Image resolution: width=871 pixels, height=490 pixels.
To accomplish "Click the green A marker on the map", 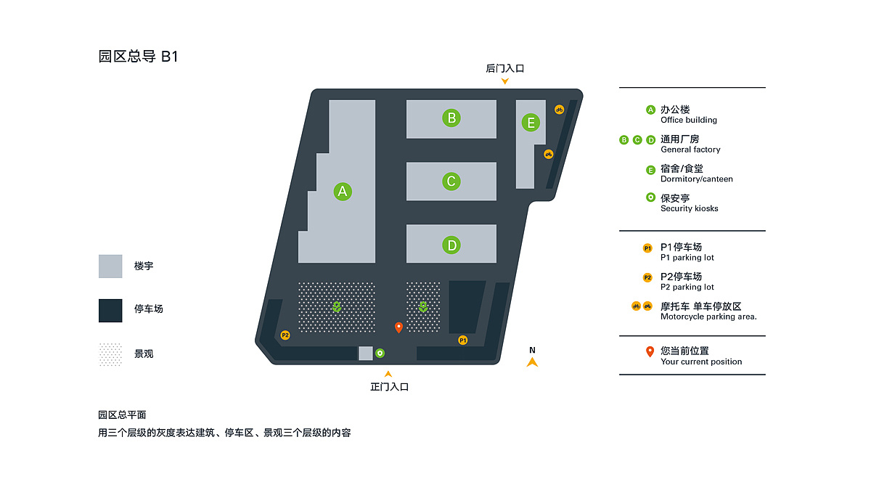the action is [x=343, y=192].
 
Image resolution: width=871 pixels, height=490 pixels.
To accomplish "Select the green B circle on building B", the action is [x=451, y=118].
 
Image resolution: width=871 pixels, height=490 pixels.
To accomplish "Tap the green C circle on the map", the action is [x=451, y=181].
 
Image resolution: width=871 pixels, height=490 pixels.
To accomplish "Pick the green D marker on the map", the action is [x=451, y=245].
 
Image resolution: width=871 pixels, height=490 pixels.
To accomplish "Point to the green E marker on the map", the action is [x=531, y=123].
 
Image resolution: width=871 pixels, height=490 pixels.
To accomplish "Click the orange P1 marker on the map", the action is [x=463, y=340].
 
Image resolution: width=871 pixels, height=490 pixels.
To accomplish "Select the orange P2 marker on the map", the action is [x=285, y=335].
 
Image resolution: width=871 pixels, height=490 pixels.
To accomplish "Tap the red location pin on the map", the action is [x=398, y=327].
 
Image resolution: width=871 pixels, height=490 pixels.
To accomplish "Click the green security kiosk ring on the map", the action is [x=380, y=353].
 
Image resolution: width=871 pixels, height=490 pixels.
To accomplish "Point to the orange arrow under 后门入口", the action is [x=504, y=81].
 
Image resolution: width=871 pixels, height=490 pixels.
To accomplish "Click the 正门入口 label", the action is [x=389, y=387].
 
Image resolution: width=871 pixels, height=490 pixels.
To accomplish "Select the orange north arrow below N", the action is [x=532, y=362].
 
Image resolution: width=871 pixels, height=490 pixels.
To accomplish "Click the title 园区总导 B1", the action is [x=138, y=57].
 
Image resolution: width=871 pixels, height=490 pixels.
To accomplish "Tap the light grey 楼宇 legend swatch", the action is [x=110, y=266].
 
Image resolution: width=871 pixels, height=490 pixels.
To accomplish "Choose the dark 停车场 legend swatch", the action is [x=110, y=311].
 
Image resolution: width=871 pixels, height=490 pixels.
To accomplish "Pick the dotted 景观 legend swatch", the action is [x=110, y=354].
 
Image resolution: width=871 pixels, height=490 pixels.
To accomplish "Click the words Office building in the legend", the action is [x=689, y=121].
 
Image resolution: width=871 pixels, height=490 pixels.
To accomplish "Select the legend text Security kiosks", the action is [x=689, y=208].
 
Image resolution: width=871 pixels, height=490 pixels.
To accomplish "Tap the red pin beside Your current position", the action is [x=650, y=351].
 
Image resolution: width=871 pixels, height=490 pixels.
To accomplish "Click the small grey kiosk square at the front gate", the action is [x=366, y=353].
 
